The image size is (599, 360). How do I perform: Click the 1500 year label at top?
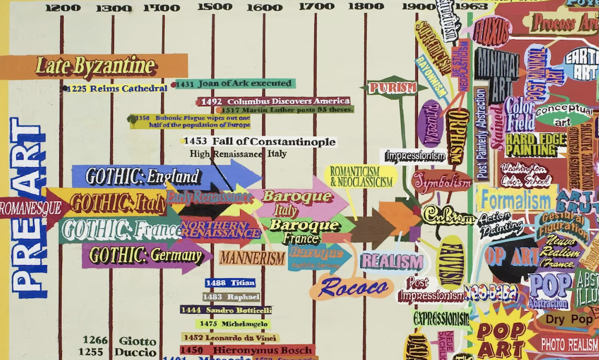[x=215, y=7]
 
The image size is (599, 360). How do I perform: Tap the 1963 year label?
[x=471, y=6]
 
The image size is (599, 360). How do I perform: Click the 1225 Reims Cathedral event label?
[x=116, y=88]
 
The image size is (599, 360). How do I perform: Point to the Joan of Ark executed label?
[x=235, y=84]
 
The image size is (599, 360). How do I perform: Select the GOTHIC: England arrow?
[x=142, y=176]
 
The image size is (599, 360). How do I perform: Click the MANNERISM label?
[x=252, y=258]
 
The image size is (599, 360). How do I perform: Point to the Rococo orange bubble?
[x=352, y=287]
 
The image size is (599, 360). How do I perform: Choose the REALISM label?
[x=392, y=261]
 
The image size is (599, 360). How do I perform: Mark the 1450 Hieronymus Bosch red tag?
[x=247, y=350]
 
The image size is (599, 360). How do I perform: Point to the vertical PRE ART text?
[x=29, y=207]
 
